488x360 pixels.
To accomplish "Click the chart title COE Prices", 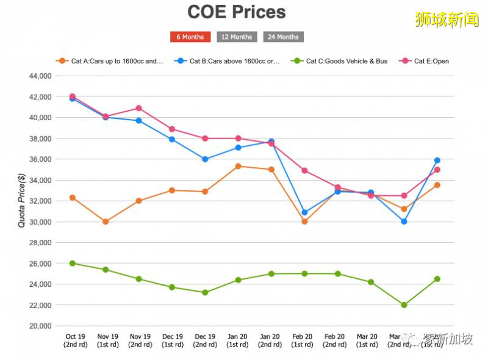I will click(237, 12).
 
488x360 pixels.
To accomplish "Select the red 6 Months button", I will click(190, 37).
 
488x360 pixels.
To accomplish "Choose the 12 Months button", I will click(237, 37).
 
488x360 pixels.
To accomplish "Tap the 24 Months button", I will click(283, 37).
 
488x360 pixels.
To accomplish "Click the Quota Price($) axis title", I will click(22, 201).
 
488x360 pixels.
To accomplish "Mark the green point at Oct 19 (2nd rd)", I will click(73, 263).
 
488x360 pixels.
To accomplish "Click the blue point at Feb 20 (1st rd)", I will click(304, 212).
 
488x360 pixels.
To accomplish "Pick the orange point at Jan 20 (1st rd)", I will click(238, 166).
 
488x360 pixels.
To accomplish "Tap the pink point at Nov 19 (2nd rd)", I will click(138, 108).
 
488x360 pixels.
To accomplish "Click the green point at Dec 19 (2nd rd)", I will click(205, 292).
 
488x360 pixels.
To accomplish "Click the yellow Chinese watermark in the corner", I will click(447, 20).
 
